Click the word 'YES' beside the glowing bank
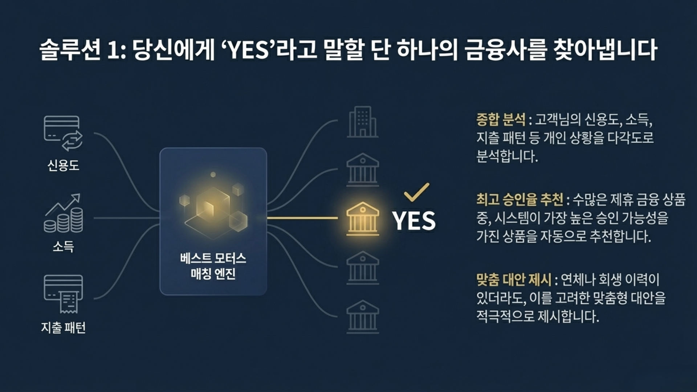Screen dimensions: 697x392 click(x=414, y=221)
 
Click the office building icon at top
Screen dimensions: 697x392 click(x=362, y=122)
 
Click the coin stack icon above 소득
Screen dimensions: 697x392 click(x=64, y=214)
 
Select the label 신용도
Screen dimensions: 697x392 click(x=63, y=166)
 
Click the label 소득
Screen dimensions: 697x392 click(x=63, y=246)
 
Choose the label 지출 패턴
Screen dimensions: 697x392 click(x=63, y=327)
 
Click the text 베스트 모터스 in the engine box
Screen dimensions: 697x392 click(x=213, y=258)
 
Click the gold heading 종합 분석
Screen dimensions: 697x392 click(x=501, y=119)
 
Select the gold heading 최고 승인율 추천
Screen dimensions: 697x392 click(x=519, y=199)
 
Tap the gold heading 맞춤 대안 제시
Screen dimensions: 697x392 click(x=514, y=279)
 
